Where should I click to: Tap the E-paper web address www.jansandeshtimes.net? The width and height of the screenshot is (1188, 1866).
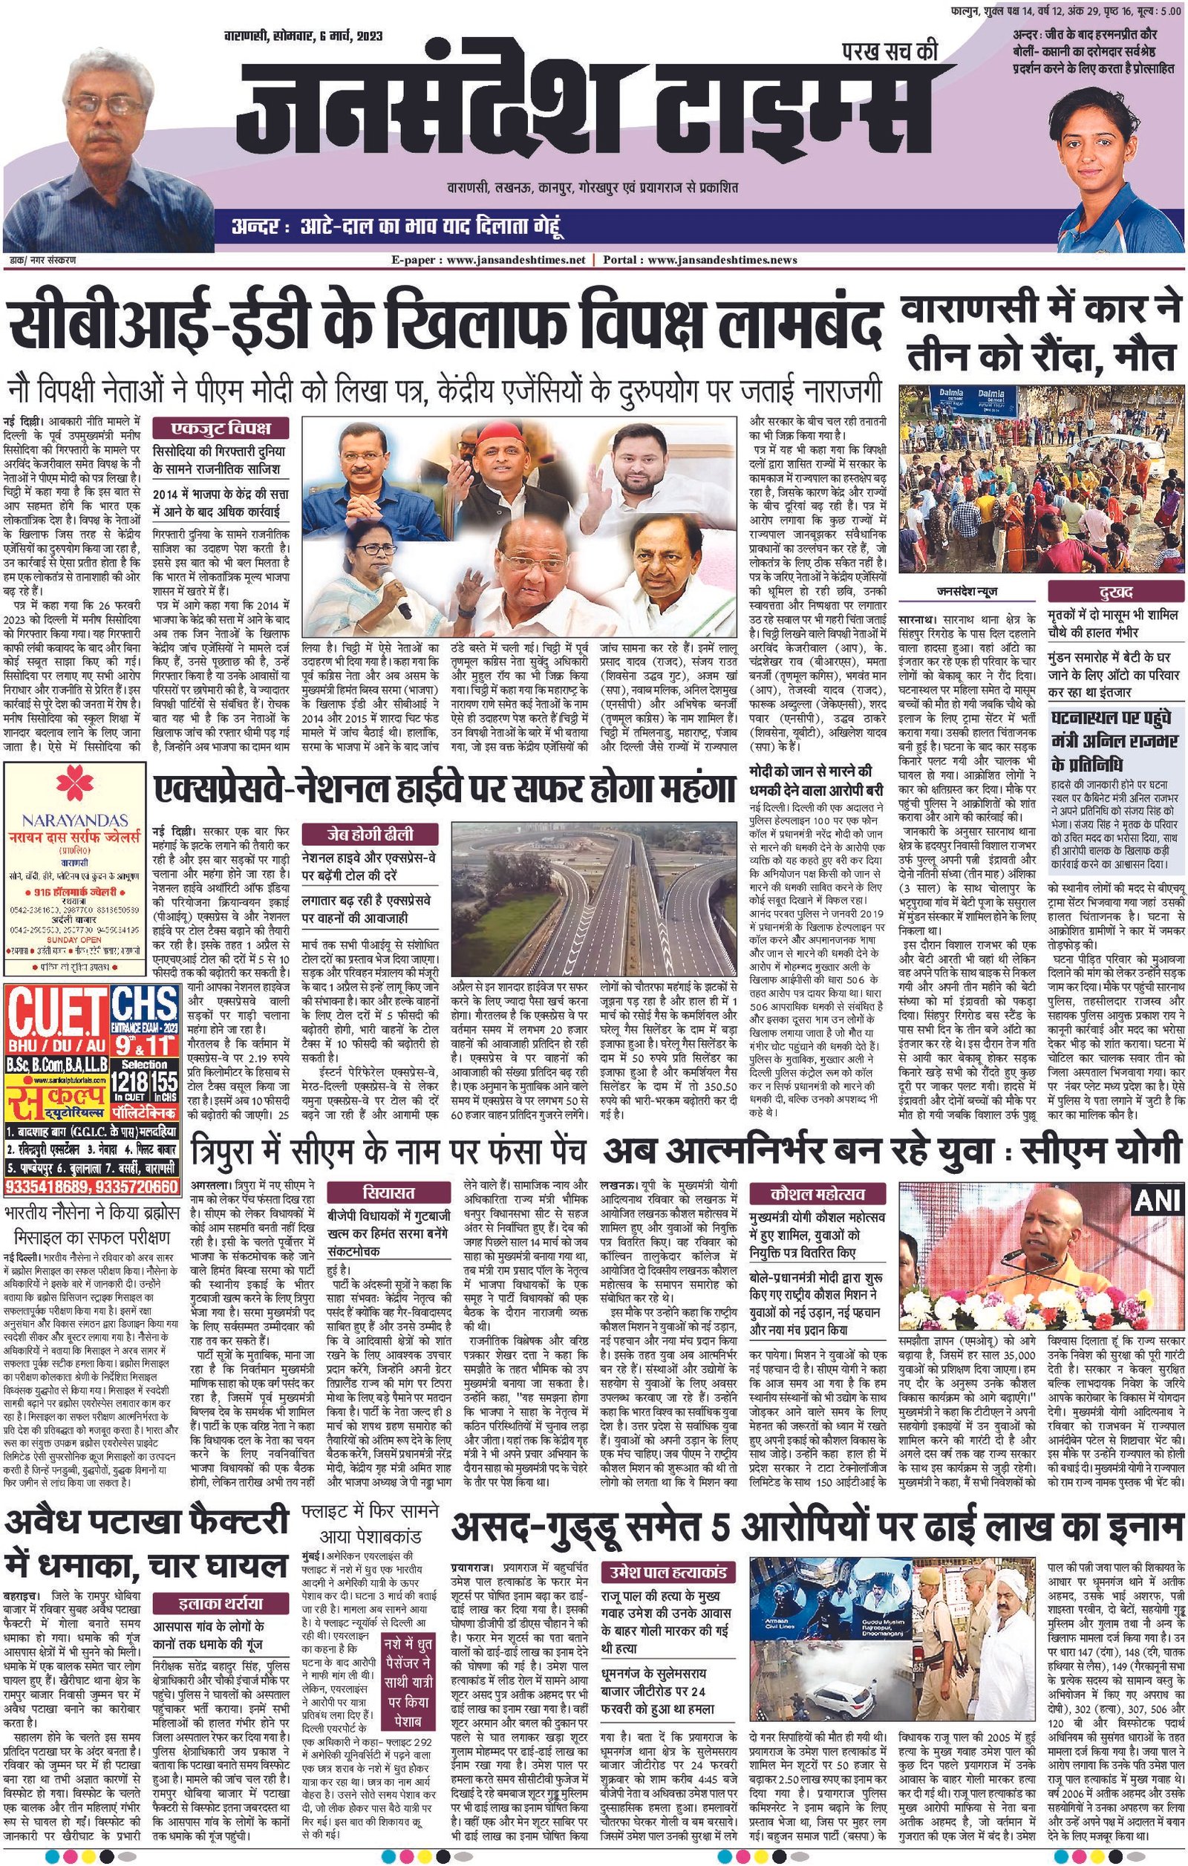coord(526,260)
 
